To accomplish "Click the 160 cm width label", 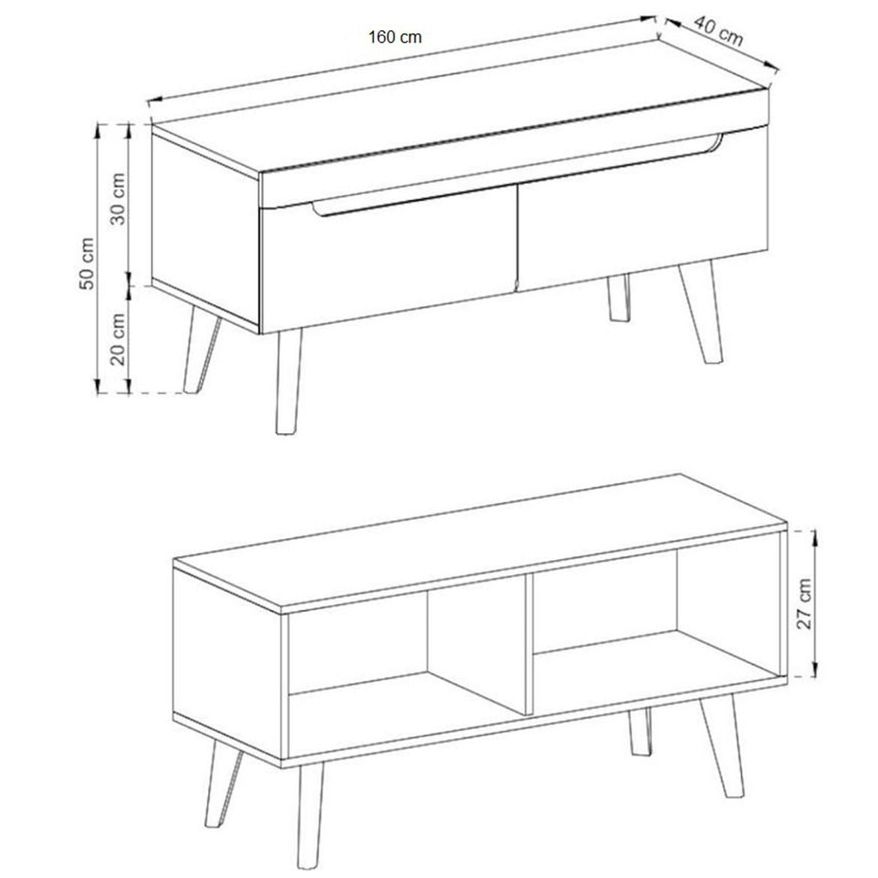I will coord(395,38).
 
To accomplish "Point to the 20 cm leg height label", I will coord(118,338).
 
